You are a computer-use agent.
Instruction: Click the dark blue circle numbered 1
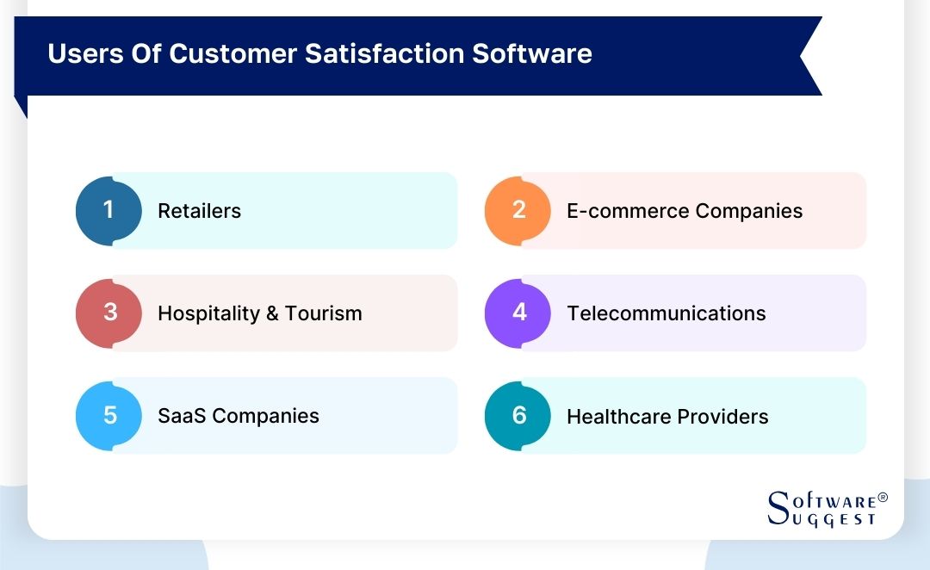108,211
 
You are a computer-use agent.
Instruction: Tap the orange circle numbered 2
518,211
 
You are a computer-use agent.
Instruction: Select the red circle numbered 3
108,313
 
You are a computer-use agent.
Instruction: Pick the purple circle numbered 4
518,313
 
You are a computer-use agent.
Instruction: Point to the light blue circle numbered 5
108,416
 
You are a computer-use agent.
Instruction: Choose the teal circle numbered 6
518,416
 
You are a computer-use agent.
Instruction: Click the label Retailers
199,211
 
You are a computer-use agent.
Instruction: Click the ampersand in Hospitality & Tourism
272,313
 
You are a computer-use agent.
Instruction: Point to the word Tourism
323,313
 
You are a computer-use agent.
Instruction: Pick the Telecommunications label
666,313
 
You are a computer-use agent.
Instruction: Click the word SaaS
182,416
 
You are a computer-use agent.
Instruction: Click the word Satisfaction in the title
384,53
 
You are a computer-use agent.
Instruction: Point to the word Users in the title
85,53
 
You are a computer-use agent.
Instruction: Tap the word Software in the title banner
532,53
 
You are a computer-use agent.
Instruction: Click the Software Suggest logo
828,509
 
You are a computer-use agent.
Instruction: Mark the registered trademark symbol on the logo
883,497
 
